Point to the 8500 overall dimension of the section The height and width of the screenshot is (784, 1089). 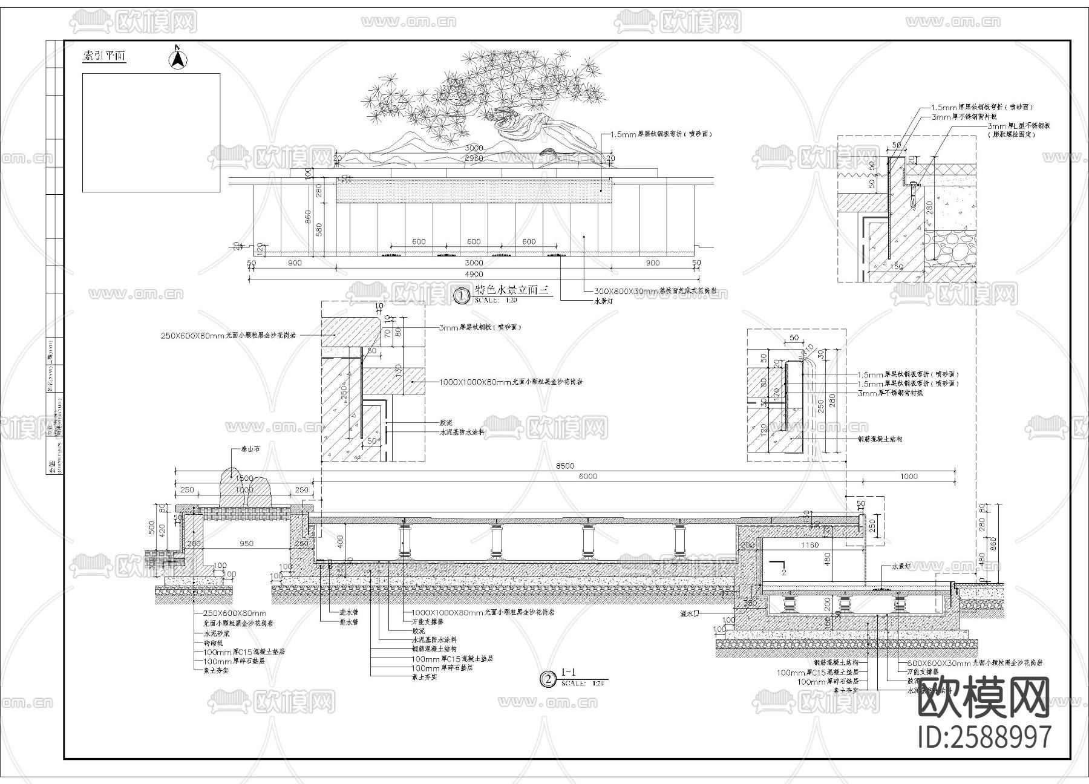564,466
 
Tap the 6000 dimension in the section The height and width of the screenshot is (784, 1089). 587,476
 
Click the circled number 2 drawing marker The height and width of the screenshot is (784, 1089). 548,679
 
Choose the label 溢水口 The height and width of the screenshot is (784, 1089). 690,613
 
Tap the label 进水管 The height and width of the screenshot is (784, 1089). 349,612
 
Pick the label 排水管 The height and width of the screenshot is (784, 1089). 349,621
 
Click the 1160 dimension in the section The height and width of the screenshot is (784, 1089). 809,545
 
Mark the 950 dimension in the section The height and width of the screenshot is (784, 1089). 246,543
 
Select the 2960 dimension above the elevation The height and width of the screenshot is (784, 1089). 474,158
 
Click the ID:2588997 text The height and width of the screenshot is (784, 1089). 984,737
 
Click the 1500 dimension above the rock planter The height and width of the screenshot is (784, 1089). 244,479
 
